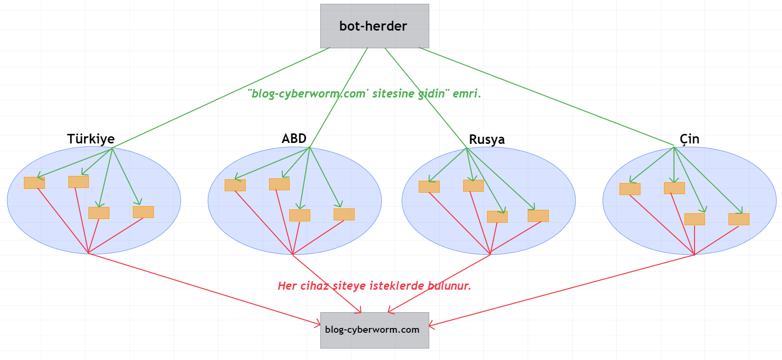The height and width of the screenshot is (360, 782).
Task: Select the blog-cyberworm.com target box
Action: pos(374,330)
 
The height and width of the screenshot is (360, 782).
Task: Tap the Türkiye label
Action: pos(91,139)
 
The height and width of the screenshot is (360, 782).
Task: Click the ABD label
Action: pos(294,139)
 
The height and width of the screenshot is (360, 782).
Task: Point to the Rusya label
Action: pos(487,139)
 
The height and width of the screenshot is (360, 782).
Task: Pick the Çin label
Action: pos(689,139)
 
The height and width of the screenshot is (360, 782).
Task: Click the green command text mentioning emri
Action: pos(364,93)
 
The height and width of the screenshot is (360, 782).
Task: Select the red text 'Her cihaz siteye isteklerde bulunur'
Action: pos(374,286)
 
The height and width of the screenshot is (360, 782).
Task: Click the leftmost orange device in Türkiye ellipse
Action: pos(34,183)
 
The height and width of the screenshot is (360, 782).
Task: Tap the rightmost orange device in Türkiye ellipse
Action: pos(143,212)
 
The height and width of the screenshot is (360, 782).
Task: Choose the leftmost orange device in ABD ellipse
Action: pos(235,185)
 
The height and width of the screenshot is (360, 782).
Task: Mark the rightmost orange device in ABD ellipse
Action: pos(344,214)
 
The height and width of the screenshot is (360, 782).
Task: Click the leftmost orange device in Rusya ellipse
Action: pos(429,186)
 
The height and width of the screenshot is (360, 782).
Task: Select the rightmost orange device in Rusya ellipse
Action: pos(538,216)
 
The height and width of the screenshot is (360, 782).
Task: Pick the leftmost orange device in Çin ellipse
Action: pos(630,189)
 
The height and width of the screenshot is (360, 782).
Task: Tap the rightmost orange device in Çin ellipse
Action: pos(739,219)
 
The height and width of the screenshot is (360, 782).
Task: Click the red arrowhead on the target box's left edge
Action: pos(318,325)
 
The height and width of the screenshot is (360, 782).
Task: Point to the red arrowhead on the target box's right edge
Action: pos(431,326)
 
